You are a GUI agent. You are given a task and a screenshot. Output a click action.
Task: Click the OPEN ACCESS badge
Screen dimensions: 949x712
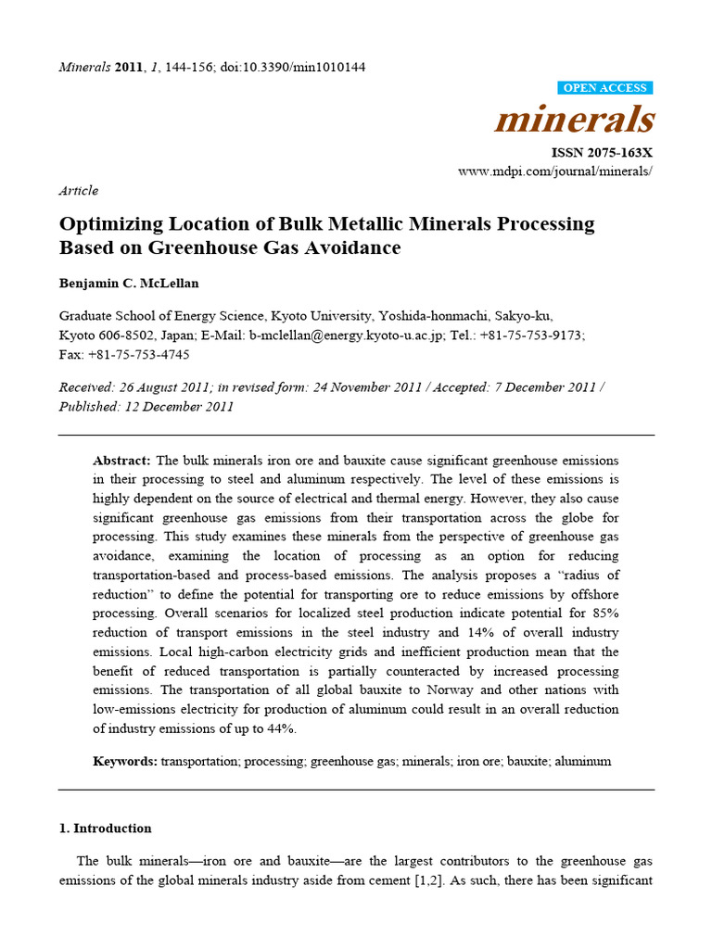point(606,88)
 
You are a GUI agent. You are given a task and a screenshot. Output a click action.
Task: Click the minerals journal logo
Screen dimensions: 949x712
point(575,120)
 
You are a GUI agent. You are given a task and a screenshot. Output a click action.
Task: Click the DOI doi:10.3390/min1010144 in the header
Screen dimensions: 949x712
point(293,68)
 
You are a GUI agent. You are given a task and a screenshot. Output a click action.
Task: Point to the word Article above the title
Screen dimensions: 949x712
point(79,190)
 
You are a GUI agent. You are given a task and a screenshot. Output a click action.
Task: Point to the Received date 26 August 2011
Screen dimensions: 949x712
point(155,387)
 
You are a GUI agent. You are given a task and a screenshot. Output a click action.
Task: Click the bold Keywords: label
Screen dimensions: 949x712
point(124,761)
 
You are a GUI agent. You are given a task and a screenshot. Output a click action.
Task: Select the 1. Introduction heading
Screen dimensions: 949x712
point(106,829)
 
